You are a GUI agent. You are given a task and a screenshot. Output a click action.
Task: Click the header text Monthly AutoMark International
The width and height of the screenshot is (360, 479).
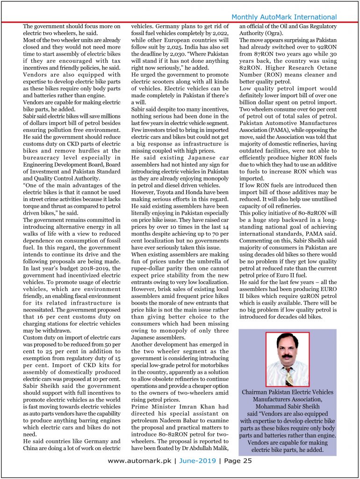pos(290,17)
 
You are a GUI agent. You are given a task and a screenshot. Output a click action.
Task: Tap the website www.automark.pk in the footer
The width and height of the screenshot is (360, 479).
pos(139,461)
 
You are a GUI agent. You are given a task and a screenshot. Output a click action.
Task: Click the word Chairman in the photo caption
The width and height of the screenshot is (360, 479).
pos(256,392)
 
